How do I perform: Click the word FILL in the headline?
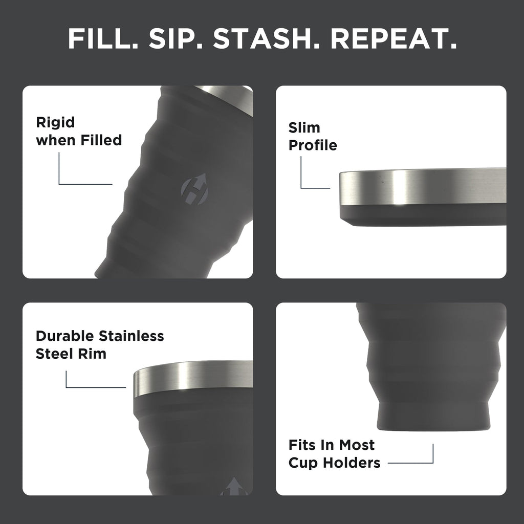(98, 39)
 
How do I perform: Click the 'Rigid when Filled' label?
(78, 131)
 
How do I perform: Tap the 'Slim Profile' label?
(312, 136)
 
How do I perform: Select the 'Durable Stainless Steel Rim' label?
(99, 344)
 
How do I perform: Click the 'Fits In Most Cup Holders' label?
(334, 453)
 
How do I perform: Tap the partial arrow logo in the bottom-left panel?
(234, 488)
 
